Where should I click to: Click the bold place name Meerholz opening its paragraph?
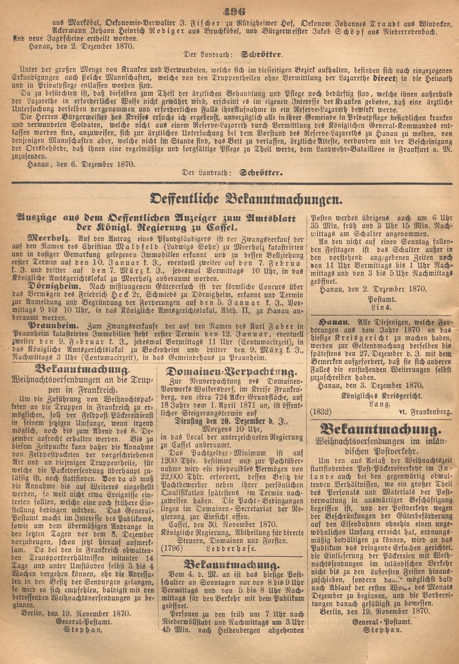click(x=49, y=239)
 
